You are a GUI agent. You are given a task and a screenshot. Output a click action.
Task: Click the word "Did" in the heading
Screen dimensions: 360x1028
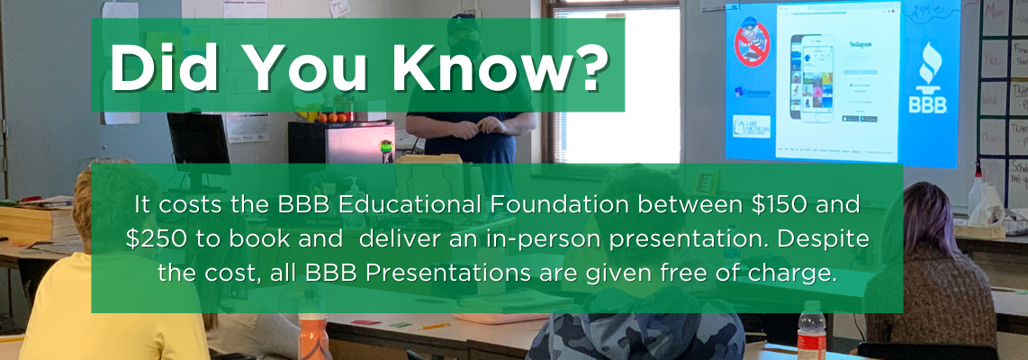pyautogui.click(x=161, y=66)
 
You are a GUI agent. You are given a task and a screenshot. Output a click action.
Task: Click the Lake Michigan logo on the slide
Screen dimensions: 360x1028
pyautogui.click(x=751, y=126)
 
